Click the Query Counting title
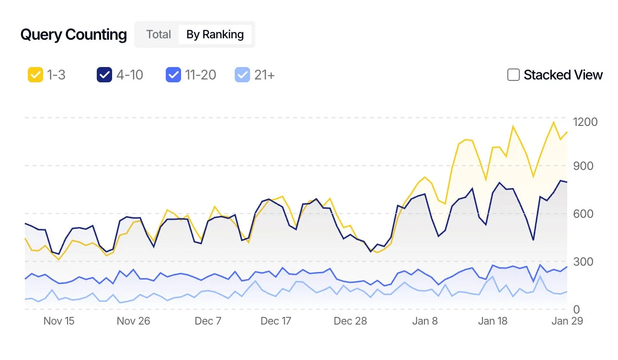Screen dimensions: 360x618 tap(73, 35)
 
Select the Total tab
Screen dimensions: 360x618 tap(159, 34)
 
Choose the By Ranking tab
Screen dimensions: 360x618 tap(215, 34)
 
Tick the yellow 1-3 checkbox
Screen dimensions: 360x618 tap(35, 75)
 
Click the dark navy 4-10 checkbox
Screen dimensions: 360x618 tap(104, 75)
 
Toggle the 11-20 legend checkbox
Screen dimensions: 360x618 tap(173, 75)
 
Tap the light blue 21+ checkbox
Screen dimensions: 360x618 tap(242, 75)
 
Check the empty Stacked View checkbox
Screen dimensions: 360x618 tap(513, 75)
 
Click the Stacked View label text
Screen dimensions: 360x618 tap(563, 75)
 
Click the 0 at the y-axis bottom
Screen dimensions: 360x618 tap(576, 310)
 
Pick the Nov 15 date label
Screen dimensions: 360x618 tap(59, 321)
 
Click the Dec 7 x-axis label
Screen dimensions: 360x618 tap(208, 321)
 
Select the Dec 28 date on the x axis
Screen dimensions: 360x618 tap(350, 321)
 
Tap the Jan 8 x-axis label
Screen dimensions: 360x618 tap(425, 321)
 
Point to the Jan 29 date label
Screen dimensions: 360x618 tap(567, 321)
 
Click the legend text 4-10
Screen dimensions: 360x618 tap(129, 75)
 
